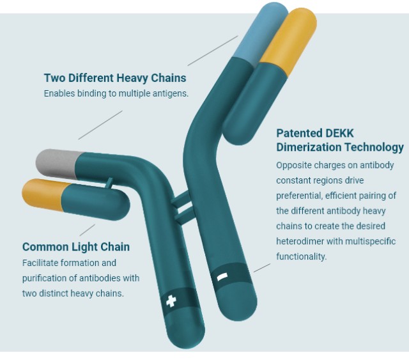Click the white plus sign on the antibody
tap(171, 300)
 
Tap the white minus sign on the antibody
tap(222, 277)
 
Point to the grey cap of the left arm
tap(55, 162)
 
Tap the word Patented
tap(298, 133)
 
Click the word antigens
tap(169, 93)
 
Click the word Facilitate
tap(41, 263)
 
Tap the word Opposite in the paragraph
tap(293, 165)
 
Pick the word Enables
tap(59, 93)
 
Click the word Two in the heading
tap(54, 78)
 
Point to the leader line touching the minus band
tap(262, 267)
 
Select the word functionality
tap(301, 257)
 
